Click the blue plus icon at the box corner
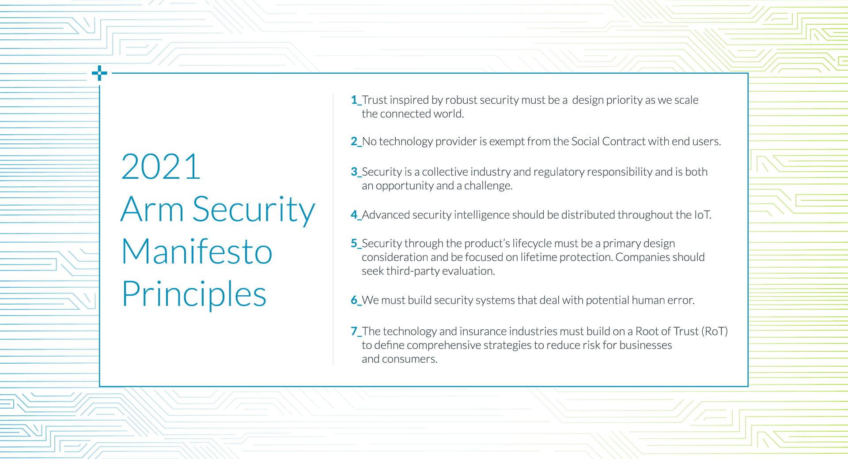99,73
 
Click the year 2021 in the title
161,167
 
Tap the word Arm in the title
152,209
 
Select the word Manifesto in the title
197,251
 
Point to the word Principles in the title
194,294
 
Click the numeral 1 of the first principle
354,100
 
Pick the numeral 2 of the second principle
354,141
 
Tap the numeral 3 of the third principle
354,172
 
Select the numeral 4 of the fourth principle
354,215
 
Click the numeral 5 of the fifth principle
354,244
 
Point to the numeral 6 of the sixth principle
354,300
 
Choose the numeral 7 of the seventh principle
354,331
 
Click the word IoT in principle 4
703,215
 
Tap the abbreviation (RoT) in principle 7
715,331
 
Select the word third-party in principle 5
413,271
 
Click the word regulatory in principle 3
559,172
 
